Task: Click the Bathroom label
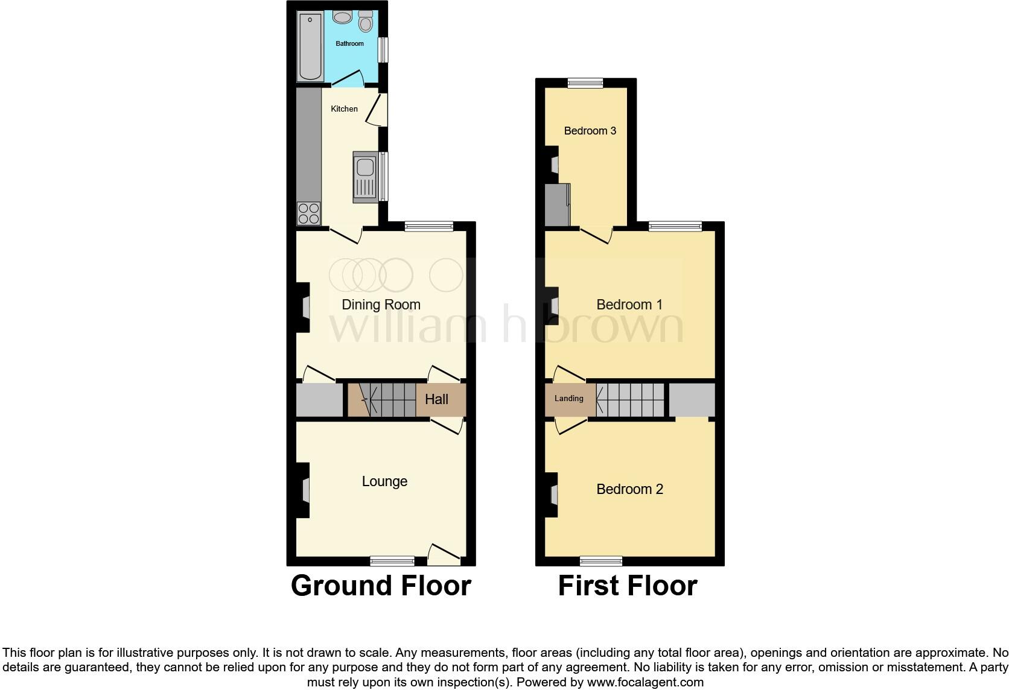[349, 43]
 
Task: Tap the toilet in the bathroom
[365, 23]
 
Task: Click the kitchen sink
[364, 175]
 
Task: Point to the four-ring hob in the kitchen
[308, 213]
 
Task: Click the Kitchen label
[344, 109]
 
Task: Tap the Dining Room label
[381, 305]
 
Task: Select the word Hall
[436, 399]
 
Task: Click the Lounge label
[384, 481]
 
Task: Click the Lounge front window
[392, 561]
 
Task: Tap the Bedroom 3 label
[590, 131]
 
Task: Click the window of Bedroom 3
[585, 83]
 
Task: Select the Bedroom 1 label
[629, 305]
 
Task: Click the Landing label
[568, 399]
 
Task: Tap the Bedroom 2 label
[629, 489]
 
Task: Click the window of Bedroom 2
[601, 561]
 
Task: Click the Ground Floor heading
[381, 586]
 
